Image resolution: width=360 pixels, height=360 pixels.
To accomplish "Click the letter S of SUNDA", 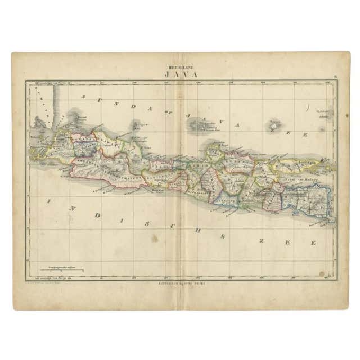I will point(83,96).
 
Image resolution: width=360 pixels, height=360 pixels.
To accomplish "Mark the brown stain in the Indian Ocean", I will point(154,238).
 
